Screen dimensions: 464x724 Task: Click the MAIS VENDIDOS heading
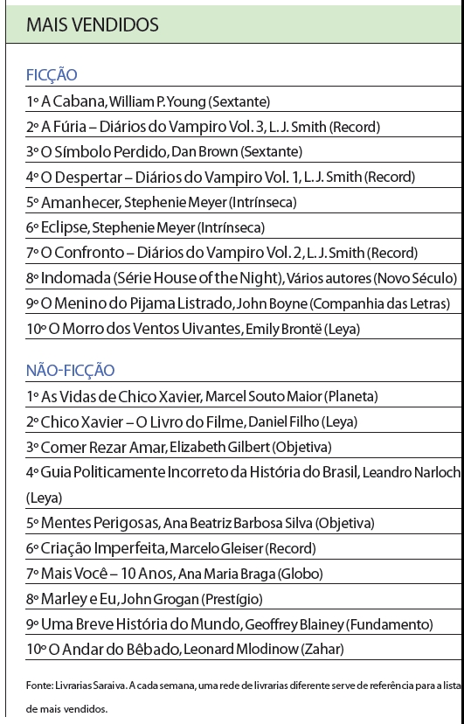pos(93,25)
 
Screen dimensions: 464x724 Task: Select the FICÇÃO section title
pos(52,75)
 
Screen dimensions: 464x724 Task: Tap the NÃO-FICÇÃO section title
pos(70,371)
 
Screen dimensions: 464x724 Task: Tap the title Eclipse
pos(64,228)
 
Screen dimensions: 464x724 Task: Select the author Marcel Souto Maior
pos(262,397)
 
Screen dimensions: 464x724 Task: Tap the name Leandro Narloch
pos(412,473)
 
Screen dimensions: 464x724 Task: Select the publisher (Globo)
pos(300,574)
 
